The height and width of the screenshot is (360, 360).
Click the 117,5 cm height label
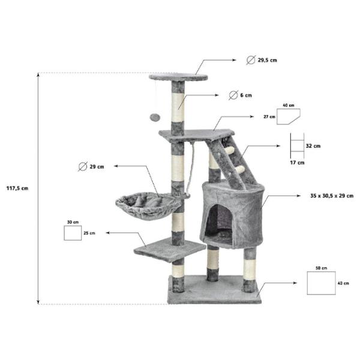tap(17, 188)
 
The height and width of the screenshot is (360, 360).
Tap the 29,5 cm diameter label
tap(267, 60)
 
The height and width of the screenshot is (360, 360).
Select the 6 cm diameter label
tap(246, 95)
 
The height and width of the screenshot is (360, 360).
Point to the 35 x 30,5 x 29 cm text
tap(332, 196)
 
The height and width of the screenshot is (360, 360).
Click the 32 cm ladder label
tap(313, 146)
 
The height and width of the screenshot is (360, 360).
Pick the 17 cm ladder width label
tap(297, 163)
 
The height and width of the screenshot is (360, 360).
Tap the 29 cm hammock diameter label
tap(97, 167)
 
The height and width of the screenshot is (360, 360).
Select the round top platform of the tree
tap(178, 77)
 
